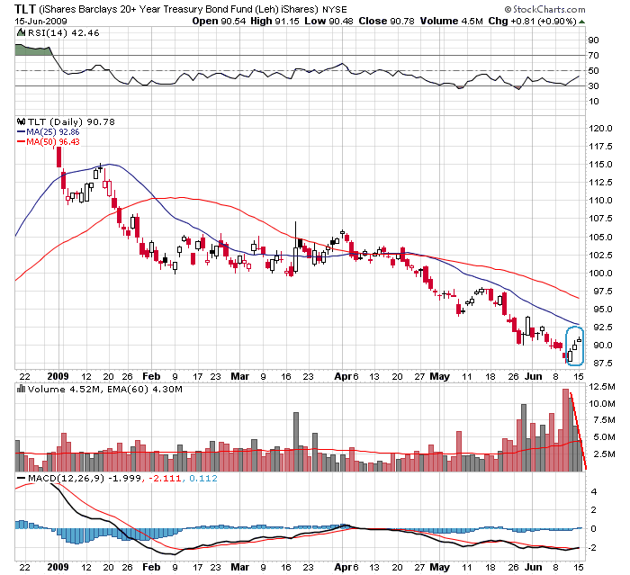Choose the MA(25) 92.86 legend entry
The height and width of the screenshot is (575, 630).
(52, 131)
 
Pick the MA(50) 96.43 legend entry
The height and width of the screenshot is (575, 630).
(52, 141)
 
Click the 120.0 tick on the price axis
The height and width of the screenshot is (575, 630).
(601, 128)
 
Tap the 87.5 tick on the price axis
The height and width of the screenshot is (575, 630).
(600, 364)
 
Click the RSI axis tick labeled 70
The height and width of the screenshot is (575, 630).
(594, 55)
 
